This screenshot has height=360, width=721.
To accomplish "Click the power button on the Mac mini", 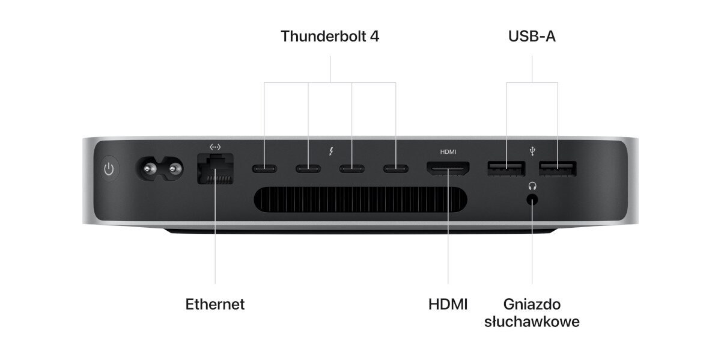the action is click(109, 169).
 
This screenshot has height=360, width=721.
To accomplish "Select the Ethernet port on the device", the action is click(215, 169).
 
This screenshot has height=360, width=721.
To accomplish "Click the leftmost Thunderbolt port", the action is click(264, 168).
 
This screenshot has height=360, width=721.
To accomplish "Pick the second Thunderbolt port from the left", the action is click(308, 168).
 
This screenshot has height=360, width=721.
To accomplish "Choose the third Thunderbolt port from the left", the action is click(352, 168).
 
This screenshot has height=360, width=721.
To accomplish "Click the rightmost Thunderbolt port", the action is click(395, 168).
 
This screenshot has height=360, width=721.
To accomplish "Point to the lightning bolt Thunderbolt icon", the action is click(331, 151).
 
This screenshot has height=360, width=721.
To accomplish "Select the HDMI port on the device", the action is click(448, 169).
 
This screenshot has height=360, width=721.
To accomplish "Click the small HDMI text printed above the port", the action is click(448, 151).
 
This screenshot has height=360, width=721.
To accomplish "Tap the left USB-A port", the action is click(507, 169).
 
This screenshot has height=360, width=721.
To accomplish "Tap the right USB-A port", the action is click(558, 169).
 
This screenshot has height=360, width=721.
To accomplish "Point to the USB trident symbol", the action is click(532, 151).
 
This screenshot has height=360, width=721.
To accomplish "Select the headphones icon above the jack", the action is click(532, 186).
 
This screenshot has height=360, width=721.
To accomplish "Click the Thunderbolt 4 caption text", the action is click(330, 36).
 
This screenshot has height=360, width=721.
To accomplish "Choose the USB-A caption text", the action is click(532, 36).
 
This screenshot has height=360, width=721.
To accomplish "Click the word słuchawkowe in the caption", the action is click(532, 322).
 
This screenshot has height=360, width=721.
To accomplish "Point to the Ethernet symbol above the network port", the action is click(215, 147).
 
